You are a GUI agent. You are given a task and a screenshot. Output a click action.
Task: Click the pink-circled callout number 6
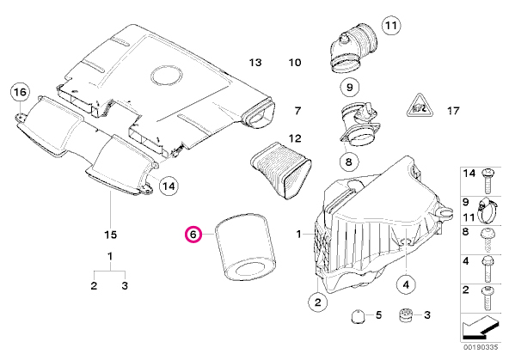(193, 235)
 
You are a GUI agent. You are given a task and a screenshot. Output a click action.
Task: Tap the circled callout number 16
(20, 92)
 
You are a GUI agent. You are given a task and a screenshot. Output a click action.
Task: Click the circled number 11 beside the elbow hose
(391, 25)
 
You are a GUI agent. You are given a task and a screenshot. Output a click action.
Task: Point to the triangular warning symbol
(420, 106)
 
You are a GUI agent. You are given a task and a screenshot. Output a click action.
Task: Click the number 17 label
(453, 111)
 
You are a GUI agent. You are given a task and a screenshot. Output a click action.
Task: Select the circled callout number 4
(406, 284)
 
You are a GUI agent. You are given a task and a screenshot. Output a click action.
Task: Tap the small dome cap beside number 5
(359, 316)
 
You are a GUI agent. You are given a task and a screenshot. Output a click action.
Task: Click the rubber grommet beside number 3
(405, 315)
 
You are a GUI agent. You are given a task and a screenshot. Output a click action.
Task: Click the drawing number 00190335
(481, 347)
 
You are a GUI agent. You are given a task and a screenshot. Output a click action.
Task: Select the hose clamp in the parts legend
(487, 210)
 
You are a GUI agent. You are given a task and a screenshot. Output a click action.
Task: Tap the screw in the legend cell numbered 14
(487, 180)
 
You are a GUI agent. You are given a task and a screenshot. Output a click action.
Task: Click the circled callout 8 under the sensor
(349, 162)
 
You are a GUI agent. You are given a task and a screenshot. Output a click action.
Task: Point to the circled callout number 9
(350, 87)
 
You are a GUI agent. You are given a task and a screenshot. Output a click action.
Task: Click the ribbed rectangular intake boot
(281, 170)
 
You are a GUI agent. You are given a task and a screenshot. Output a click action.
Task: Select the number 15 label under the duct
(110, 235)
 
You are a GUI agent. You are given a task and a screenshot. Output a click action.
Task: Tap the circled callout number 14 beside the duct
(169, 186)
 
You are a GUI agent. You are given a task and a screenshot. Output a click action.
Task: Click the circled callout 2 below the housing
(318, 302)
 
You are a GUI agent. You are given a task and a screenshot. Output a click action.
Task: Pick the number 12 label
(295, 138)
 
